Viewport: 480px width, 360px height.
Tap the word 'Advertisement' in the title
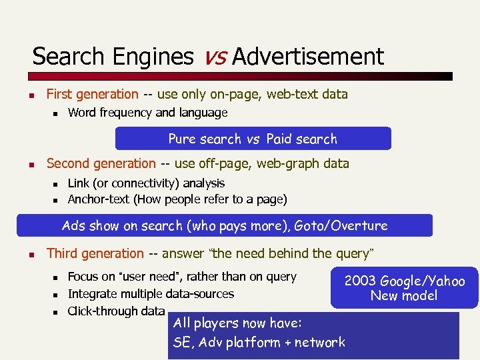(308, 57)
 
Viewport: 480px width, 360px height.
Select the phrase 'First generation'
(92, 95)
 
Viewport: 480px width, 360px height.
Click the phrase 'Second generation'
(101, 163)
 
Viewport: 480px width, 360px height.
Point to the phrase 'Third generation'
(95, 253)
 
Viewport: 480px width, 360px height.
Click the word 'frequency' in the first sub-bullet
(125, 113)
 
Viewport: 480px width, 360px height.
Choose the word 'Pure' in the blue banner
(183, 139)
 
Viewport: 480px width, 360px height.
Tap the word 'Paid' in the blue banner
(279, 139)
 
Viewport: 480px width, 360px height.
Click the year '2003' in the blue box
(360, 281)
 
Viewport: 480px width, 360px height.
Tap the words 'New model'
(404, 295)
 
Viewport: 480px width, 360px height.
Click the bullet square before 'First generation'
(31, 95)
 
